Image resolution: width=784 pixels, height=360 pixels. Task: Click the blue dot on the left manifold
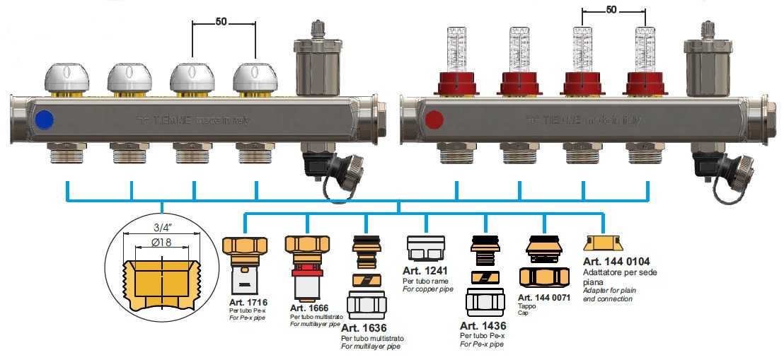coord(42,118)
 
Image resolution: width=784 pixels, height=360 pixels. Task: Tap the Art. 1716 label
coord(243,303)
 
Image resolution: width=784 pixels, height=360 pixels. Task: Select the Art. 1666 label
coord(309,308)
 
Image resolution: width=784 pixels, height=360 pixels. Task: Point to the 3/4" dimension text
coord(161,228)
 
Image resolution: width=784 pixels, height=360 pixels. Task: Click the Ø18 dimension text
coord(161,243)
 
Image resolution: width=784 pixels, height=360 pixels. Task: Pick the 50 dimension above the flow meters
coord(613,11)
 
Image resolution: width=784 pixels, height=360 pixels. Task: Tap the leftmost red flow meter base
coord(456,83)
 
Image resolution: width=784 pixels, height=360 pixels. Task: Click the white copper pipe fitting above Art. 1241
coord(425,250)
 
